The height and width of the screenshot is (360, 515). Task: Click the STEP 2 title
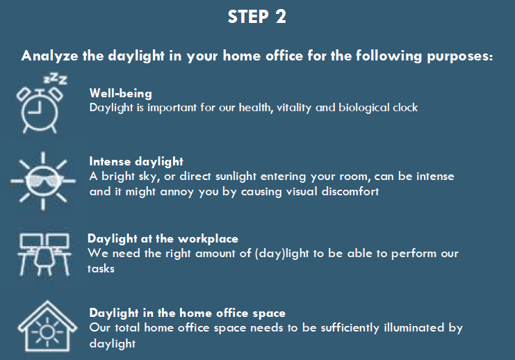(257, 17)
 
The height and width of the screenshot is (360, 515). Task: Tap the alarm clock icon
(40, 110)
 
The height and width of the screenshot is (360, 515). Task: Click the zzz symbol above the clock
(55, 79)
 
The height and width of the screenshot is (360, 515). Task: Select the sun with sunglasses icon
(42, 181)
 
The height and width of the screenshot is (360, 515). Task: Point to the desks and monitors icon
(44, 254)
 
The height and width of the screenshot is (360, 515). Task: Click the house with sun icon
(47, 327)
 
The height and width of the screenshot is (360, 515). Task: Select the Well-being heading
(121, 93)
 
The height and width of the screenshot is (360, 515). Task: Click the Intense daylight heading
(136, 162)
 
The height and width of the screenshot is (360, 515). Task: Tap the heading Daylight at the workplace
(163, 239)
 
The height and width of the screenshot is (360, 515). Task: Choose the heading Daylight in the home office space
(188, 313)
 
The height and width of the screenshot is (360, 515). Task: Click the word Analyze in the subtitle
(49, 56)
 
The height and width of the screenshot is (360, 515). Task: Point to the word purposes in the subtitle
(460, 56)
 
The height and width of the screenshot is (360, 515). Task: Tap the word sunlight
(236, 177)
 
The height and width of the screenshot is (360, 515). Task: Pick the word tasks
(101, 269)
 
